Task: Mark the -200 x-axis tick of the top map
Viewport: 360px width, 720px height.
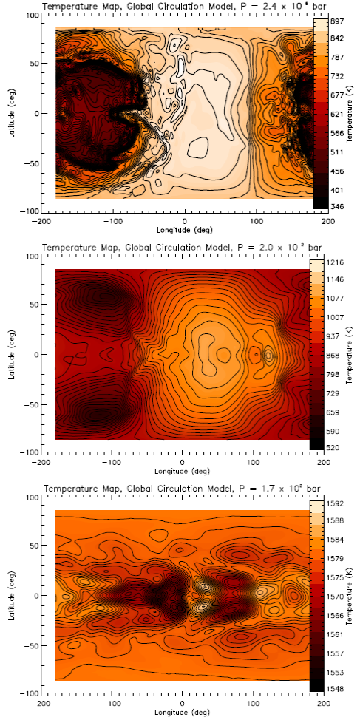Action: click(44, 220)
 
